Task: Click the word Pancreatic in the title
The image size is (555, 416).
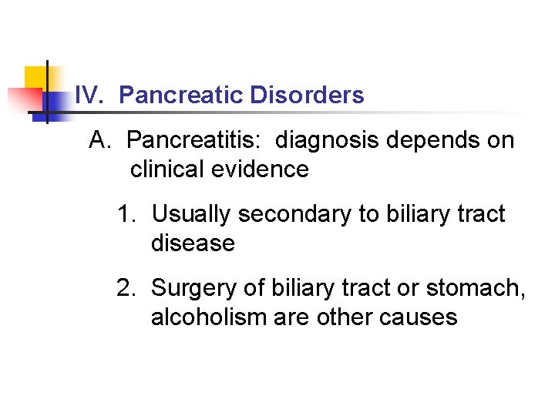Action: click(182, 96)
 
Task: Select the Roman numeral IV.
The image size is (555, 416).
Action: click(89, 96)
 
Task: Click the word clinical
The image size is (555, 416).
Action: click(164, 169)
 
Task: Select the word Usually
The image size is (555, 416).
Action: click(192, 213)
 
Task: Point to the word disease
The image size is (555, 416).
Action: click(193, 243)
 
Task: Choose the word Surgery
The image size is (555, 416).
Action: click(197, 288)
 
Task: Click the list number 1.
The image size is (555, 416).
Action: click(126, 213)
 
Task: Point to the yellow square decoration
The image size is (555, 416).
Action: click(37, 77)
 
